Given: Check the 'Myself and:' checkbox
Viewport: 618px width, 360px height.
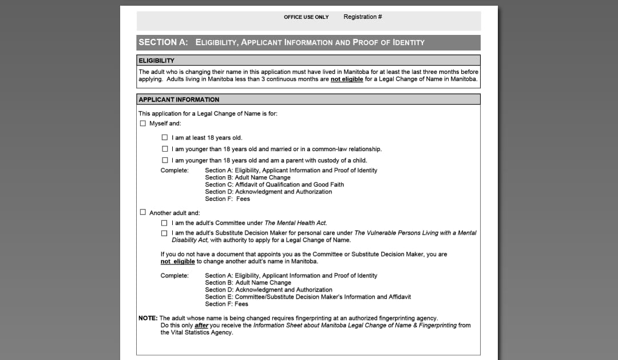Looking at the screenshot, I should pos(143,124).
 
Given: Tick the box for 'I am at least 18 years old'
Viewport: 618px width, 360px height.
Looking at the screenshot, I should pos(165,138).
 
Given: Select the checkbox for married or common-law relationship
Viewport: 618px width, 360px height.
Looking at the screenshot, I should pos(165,149).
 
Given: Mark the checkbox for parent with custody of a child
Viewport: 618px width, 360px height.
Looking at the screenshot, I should pos(165,160).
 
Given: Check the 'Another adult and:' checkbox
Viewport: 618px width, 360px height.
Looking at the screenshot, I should pos(143,212).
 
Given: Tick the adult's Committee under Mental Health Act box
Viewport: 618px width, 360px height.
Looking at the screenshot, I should pos(165,223).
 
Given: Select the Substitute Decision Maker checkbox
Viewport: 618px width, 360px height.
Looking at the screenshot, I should pos(165,233).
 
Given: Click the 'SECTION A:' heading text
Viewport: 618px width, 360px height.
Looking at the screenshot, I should pos(163,42).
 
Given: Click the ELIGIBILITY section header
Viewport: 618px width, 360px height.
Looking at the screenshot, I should pos(157,60).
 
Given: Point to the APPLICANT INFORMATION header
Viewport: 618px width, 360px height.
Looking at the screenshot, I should pos(179,100).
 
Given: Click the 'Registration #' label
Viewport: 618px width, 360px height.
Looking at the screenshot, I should pos(363,17).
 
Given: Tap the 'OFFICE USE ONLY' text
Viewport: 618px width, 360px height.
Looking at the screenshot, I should pos(306,17).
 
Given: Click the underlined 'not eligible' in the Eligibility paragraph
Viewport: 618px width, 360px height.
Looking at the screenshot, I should pos(347,80).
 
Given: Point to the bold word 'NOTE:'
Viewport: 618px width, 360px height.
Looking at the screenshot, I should pos(148,318).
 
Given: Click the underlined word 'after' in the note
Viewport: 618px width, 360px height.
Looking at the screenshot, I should pos(201,326).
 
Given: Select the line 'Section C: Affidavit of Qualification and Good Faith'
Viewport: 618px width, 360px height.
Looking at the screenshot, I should pos(275,185).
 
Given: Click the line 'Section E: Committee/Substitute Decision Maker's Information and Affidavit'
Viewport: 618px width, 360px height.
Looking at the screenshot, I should pos(308,297).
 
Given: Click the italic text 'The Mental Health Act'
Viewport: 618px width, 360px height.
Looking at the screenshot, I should pos(295,223).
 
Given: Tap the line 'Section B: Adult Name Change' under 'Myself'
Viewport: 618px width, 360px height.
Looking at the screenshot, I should pos(248,177).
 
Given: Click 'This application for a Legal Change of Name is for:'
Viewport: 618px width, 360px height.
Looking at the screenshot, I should pos(208,113).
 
